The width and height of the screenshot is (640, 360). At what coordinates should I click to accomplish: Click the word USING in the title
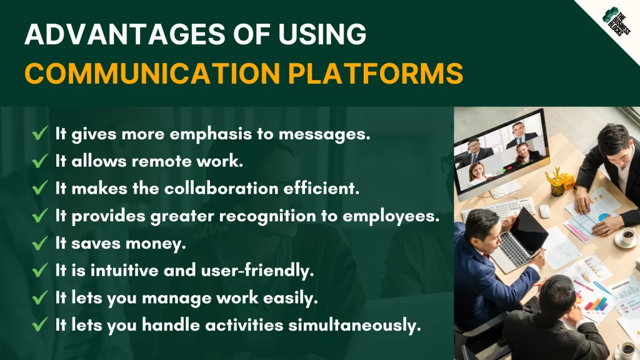point(322,34)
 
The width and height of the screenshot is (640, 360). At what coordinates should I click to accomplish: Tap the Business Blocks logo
point(616,21)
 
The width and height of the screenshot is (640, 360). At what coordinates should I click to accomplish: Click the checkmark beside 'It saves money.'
point(40,243)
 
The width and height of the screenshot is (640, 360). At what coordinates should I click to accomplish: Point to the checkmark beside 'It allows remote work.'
point(40,161)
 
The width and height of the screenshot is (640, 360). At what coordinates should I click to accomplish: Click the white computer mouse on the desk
point(544,211)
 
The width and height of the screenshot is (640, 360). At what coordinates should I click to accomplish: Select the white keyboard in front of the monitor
point(499,209)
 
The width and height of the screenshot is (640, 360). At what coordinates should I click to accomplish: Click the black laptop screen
point(529,231)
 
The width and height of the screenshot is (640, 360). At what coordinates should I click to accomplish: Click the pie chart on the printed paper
point(604,216)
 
